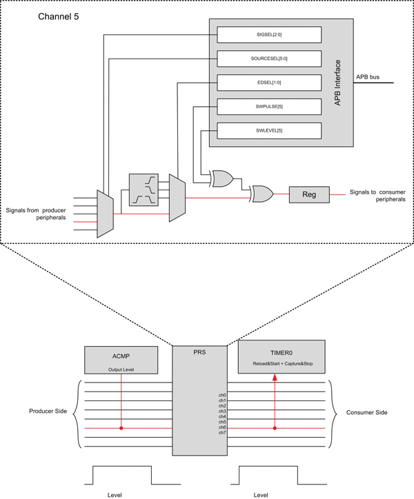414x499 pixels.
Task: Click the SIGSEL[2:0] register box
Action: coord(269,34)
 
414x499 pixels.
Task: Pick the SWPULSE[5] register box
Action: coord(269,106)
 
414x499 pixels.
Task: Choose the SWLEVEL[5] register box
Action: coord(269,130)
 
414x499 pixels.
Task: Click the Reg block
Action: coord(309,194)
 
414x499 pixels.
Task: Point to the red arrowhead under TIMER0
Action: coord(275,378)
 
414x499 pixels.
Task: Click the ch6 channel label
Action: coord(222,427)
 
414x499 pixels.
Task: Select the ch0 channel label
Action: coord(222,396)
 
